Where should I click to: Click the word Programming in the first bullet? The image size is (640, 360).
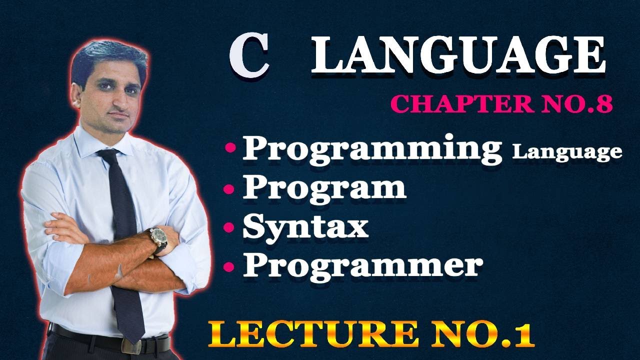click(371, 148)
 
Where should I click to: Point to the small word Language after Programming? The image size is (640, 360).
click(567, 152)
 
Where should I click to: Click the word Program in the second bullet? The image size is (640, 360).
click(324, 188)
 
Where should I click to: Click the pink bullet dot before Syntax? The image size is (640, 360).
click(229, 228)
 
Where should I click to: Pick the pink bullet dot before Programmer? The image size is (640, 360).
click(229, 267)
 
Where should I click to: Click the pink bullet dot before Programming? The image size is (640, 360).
click(230, 148)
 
